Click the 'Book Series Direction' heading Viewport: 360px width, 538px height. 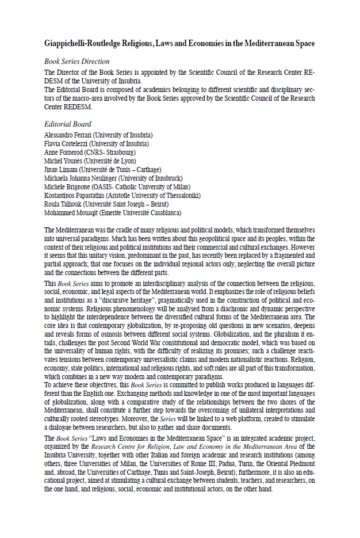point(76,61)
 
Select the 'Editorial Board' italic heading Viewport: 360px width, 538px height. point(67,124)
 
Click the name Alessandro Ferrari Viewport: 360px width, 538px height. point(68,135)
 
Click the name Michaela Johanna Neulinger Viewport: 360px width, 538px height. point(82,178)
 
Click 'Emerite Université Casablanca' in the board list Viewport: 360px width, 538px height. point(141,212)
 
